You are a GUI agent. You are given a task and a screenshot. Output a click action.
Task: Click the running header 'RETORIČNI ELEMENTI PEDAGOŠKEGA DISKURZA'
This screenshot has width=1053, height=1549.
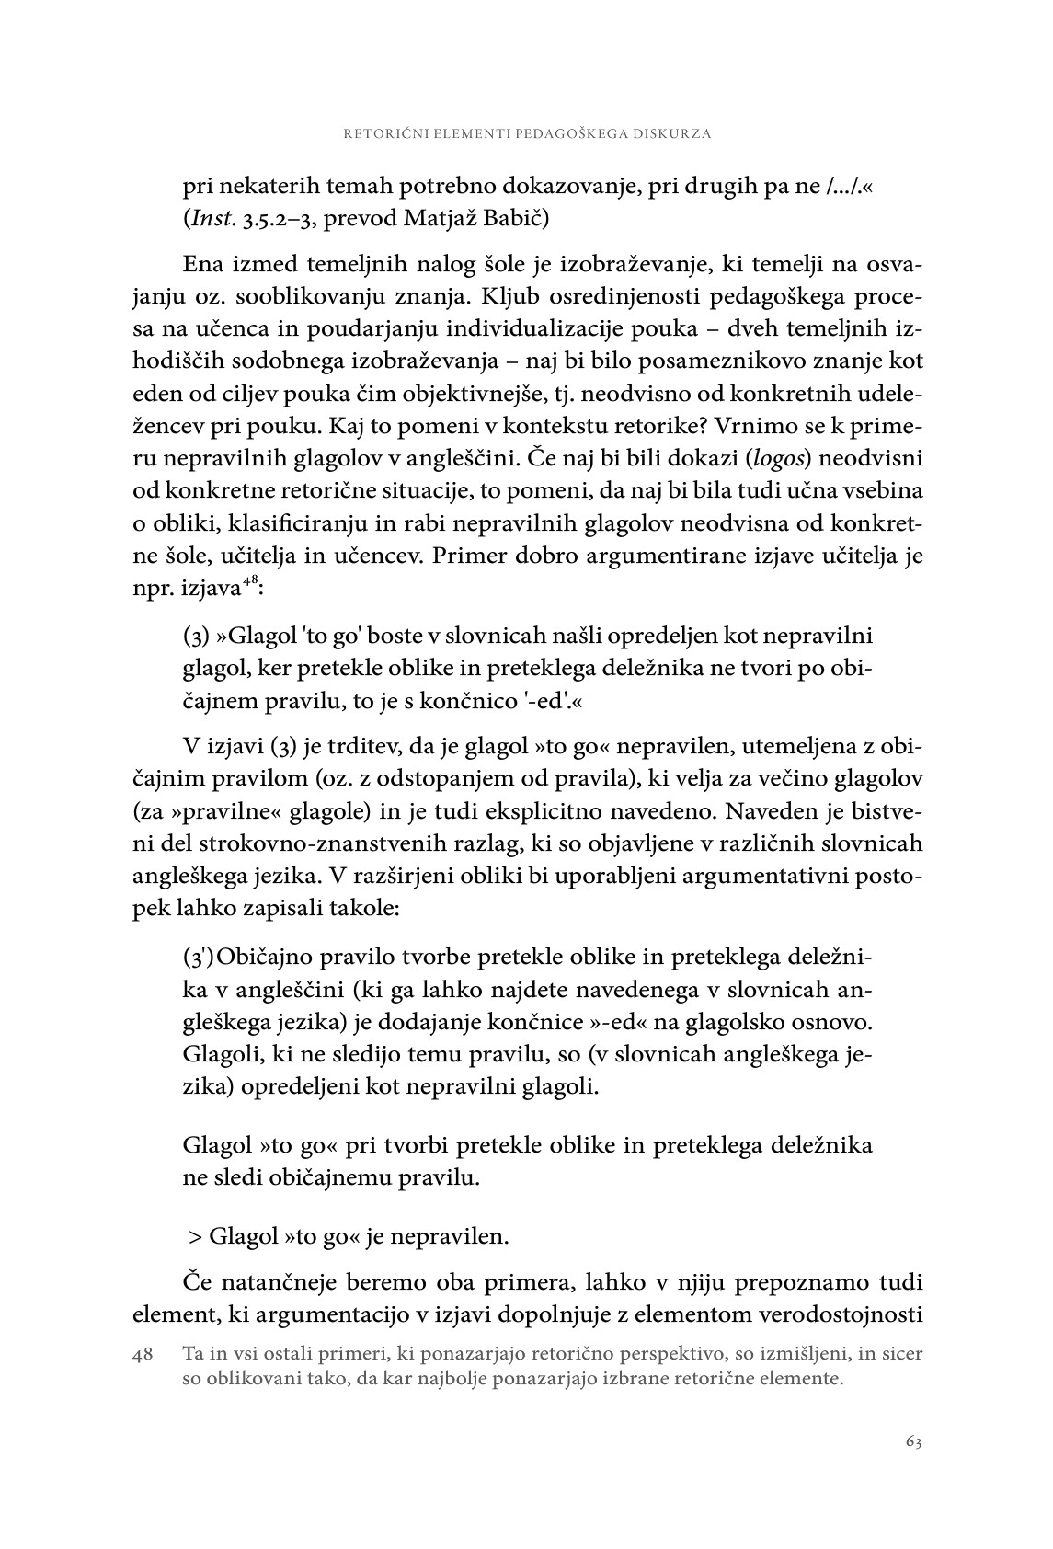[x=527, y=133]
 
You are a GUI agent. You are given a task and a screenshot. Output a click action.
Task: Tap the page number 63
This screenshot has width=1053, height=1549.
[x=912, y=1441]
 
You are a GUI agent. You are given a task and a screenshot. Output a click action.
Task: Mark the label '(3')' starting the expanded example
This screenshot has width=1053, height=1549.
[x=199, y=958]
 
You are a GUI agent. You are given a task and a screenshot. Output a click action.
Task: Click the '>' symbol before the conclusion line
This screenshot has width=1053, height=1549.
[x=195, y=1236]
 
